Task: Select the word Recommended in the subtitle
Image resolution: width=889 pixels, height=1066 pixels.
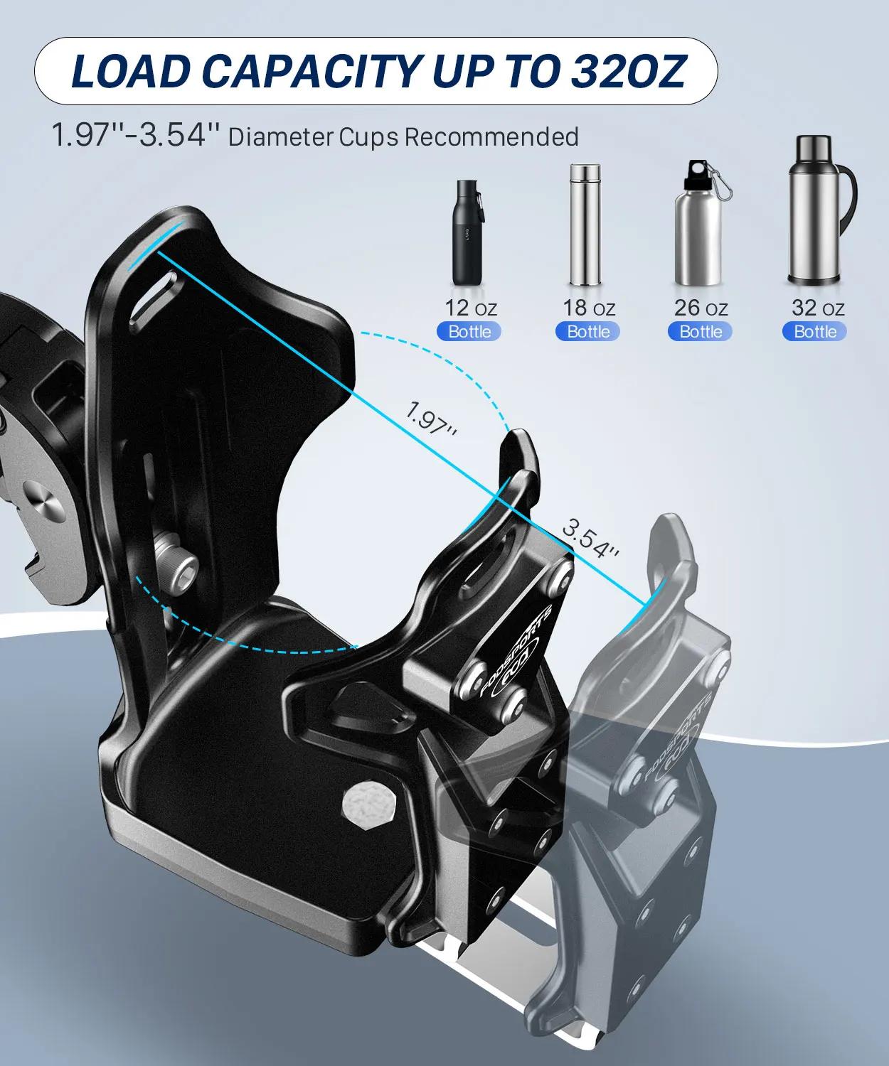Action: (491, 137)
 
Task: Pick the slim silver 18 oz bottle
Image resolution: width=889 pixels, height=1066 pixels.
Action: (585, 225)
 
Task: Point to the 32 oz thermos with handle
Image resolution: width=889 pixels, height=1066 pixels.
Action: (820, 210)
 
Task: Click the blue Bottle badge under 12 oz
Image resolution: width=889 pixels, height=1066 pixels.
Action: (469, 332)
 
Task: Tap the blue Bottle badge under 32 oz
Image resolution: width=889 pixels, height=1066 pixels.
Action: (814, 332)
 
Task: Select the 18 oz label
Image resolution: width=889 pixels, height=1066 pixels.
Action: (589, 308)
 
